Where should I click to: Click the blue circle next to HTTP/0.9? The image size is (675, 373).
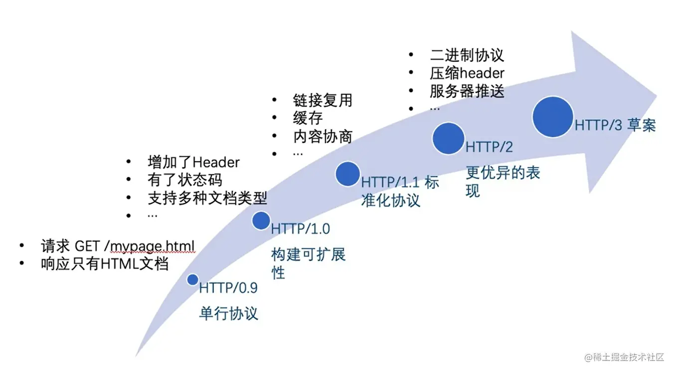[x=192, y=280]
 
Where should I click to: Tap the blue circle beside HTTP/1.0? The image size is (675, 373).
[x=261, y=221]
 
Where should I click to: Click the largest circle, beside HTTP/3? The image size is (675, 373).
[x=552, y=117]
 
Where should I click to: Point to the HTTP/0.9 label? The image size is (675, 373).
[x=228, y=288]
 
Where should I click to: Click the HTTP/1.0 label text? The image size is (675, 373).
[x=301, y=229]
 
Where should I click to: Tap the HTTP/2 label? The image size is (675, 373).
[x=489, y=147]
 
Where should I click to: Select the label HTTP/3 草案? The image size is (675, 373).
[x=615, y=125]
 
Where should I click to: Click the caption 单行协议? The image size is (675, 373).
[x=229, y=314]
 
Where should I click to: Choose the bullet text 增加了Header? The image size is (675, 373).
[x=193, y=162]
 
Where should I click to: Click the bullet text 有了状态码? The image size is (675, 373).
[x=185, y=180]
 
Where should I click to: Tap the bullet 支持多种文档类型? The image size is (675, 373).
[x=207, y=198]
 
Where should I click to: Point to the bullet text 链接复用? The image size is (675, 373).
[x=323, y=100]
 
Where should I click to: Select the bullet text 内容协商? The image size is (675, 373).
[x=323, y=136]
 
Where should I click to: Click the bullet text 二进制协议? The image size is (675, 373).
[x=467, y=55]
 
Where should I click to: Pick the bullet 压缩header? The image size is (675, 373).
[x=467, y=73]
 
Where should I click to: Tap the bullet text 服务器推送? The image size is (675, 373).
[x=467, y=91]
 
